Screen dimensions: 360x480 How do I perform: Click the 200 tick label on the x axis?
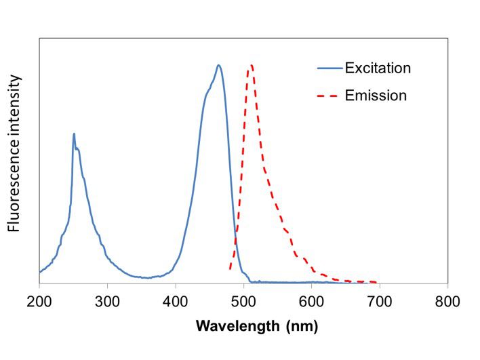point(39,300)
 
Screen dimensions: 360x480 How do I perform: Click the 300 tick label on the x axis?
point(107,300)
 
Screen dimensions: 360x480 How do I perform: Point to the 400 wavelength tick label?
point(176,300)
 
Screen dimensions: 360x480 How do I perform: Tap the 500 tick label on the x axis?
point(243,300)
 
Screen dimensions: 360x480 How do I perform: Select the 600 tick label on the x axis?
point(311,300)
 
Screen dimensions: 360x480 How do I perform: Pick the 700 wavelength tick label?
point(379,300)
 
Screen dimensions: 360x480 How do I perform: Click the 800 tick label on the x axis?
point(447,300)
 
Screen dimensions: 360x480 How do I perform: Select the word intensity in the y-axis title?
point(15,102)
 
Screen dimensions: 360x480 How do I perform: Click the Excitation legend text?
point(378,68)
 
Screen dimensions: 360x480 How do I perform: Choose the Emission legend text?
point(376,96)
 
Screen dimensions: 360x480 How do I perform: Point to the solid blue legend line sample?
point(329,68)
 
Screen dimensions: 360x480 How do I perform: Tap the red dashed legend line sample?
point(329,96)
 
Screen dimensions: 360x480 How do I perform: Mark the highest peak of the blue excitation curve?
point(218,65)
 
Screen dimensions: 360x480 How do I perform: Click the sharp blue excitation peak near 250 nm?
point(74,134)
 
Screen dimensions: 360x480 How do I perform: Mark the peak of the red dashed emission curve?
point(252,65)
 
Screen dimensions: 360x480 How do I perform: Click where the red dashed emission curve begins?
point(231,269)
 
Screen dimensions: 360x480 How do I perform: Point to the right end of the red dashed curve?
point(376,281)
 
